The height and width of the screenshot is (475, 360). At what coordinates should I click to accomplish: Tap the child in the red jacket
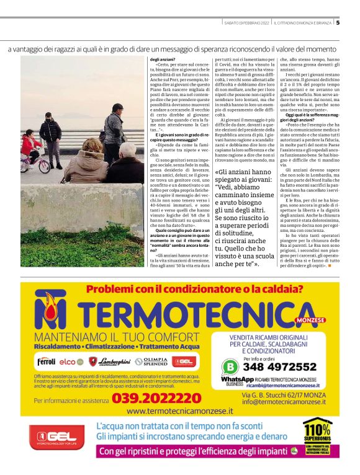[x=31, y=147]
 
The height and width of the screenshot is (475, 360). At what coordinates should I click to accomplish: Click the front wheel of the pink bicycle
[x=44, y=168]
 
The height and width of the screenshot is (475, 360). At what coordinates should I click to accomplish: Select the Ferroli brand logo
[x=47, y=361]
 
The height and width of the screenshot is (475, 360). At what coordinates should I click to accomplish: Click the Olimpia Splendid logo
[x=151, y=361]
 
